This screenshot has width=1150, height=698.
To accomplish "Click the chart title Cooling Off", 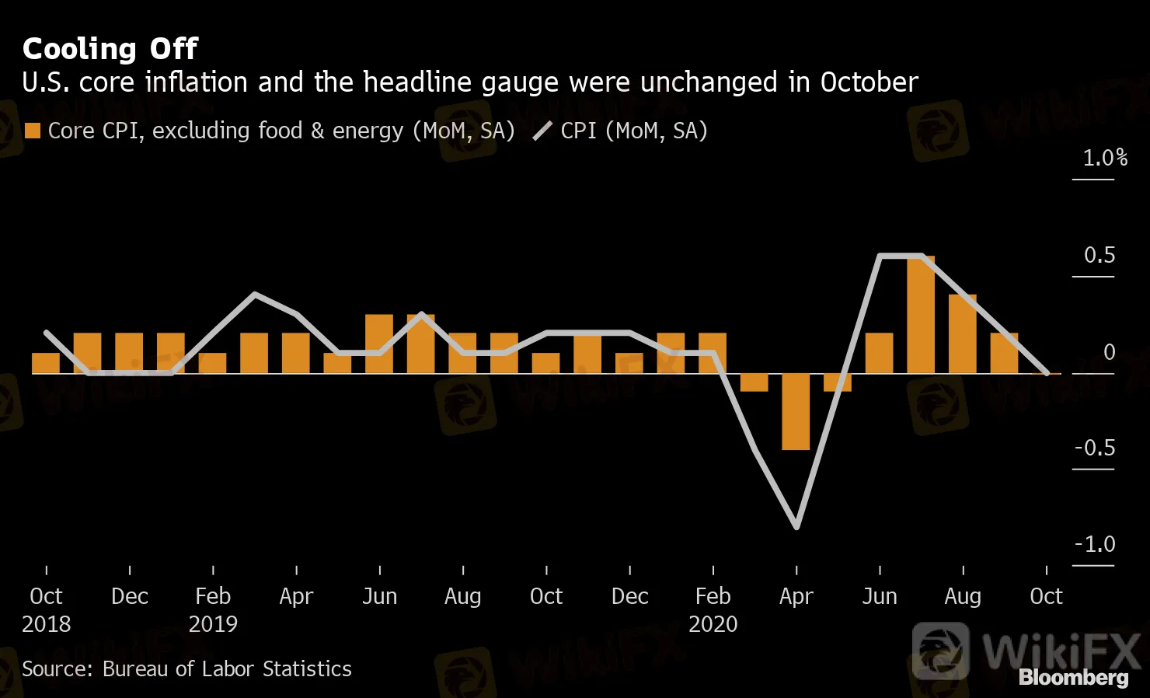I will pyautogui.click(x=110, y=49).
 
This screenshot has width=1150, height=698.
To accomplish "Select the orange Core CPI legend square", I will pyautogui.click(x=33, y=131).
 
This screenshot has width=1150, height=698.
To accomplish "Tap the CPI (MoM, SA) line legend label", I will pyautogui.click(x=633, y=131).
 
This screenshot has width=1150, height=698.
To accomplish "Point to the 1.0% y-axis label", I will pyautogui.click(x=1104, y=159).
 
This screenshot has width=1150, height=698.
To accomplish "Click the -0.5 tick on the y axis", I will pyautogui.click(x=1094, y=448).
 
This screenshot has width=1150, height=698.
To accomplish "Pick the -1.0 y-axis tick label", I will pyautogui.click(x=1094, y=544).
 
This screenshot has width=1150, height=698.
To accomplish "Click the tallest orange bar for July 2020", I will pyautogui.click(x=921, y=315).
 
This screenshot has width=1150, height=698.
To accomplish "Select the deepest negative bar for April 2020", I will pyautogui.click(x=796, y=412).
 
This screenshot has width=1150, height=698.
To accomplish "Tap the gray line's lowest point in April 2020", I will pyautogui.click(x=796, y=527).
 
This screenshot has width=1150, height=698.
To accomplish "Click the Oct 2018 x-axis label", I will pyautogui.click(x=46, y=609).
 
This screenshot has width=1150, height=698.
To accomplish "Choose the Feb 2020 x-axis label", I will pyautogui.click(x=713, y=609).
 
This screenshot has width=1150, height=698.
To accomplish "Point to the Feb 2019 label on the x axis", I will pyautogui.click(x=213, y=609).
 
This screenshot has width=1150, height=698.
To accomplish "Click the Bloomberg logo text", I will pyautogui.click(x=1073, y=678).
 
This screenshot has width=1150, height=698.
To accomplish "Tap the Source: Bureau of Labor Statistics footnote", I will pyautogui.click(x=186, y=669).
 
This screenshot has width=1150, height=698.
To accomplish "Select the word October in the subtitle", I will pyautogui.click(x=869, y=82).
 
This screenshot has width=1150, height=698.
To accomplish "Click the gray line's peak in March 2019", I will pyautogui.click(x=255, y=294).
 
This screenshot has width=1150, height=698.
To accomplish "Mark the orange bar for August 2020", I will pyautogui.click(x=963, y=334).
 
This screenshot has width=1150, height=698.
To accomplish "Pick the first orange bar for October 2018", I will pyautogui.click(x=46, y=363).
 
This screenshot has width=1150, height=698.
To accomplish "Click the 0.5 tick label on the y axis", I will pyautogui.click(x=1099, y=256).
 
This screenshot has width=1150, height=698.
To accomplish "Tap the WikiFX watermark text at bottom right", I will pyautogui.click(x=1060, y=650).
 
